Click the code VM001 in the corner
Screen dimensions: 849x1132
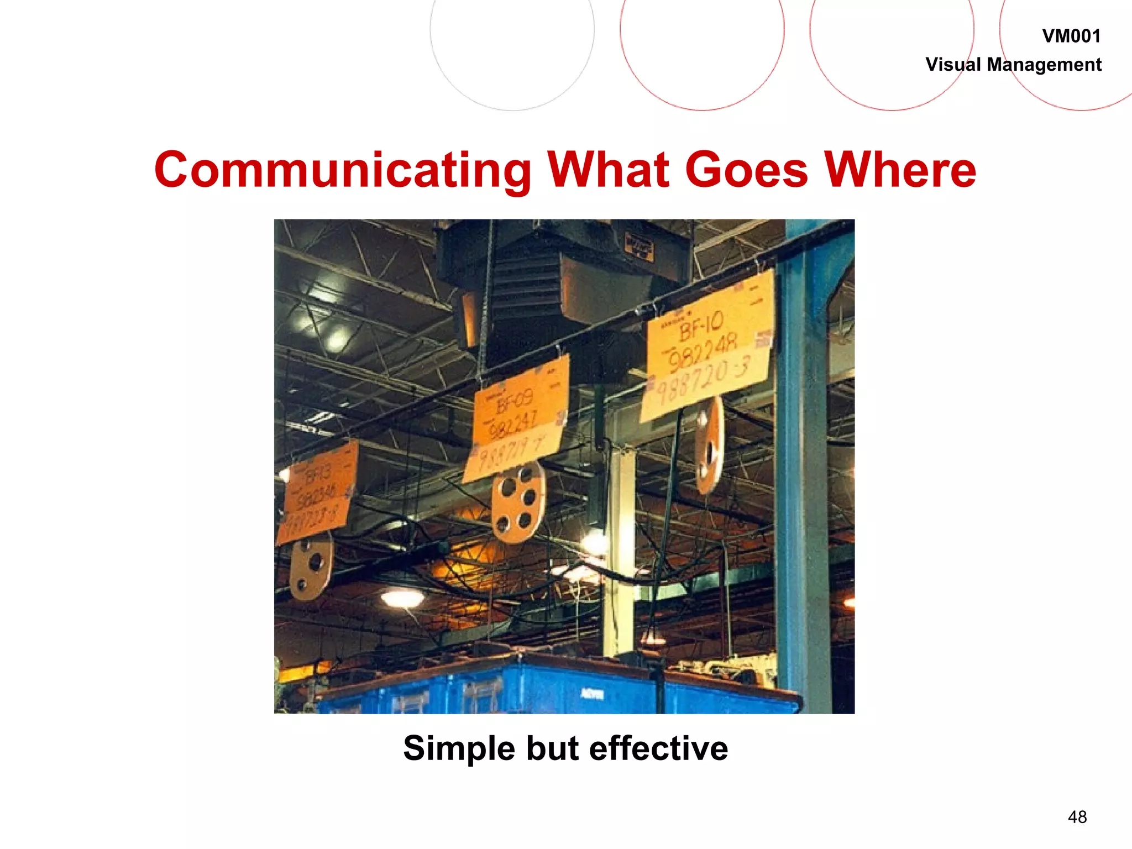[x=1071, y=36]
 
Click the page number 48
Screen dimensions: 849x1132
[x=1077, y=817]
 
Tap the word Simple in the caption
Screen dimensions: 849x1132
[x=459, y=749]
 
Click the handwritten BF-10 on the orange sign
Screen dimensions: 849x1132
[x=701, y=326]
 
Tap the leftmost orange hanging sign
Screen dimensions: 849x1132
[x=318, y=492]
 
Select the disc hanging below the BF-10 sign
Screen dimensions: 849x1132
[x=709, y=445]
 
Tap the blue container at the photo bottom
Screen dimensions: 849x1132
[x=553, y=688]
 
